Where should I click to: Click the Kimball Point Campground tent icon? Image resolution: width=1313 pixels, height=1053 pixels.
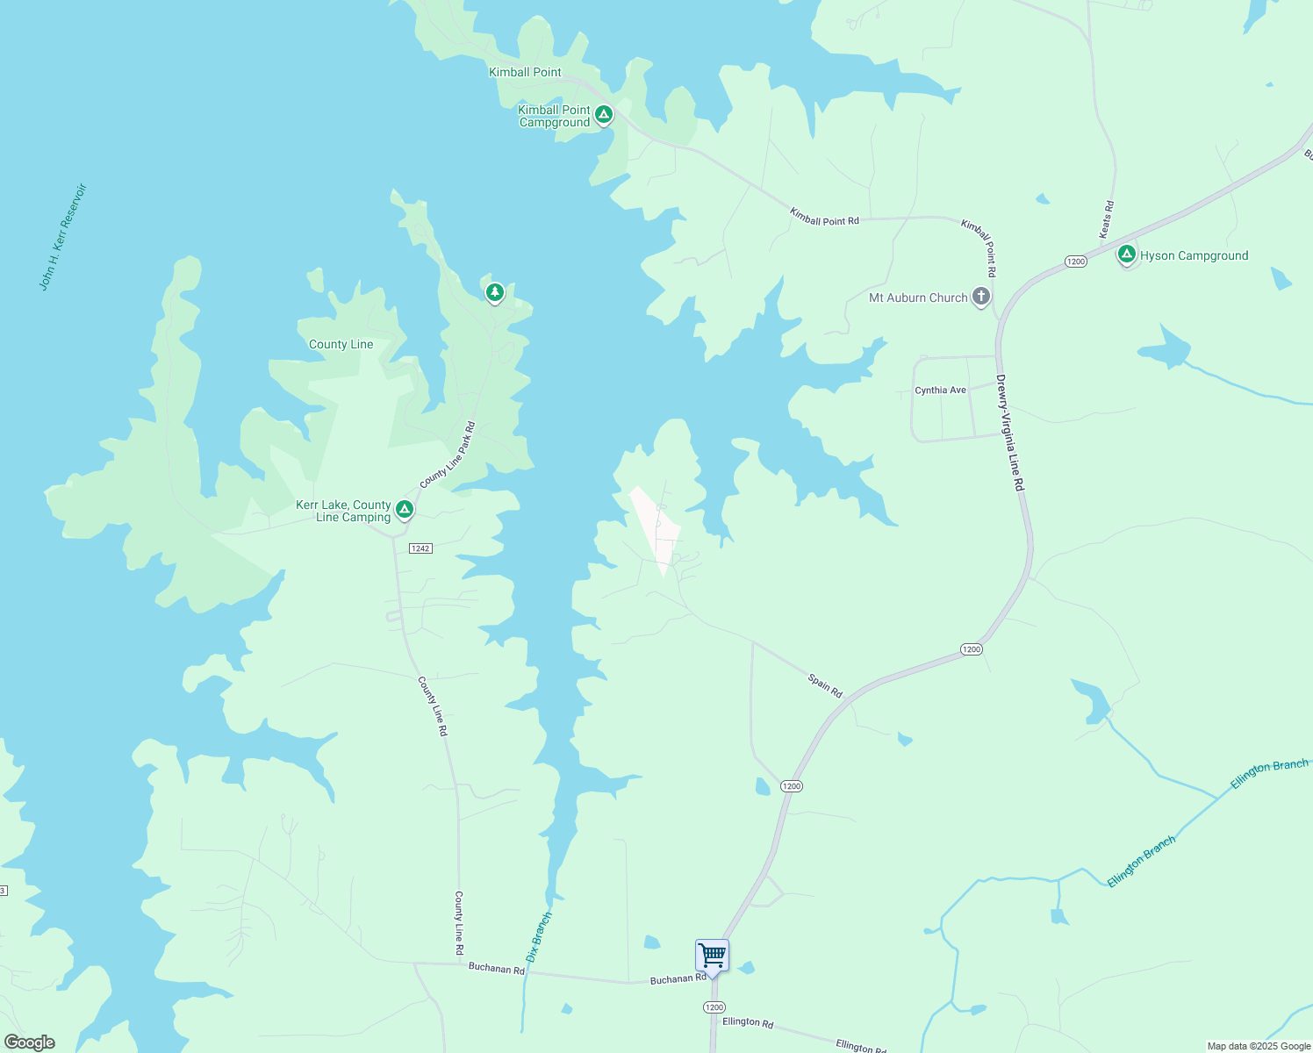603,114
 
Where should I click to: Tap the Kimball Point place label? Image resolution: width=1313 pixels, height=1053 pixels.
525,73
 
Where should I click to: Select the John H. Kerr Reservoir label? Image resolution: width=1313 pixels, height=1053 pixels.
63,237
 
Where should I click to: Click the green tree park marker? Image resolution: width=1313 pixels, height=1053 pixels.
495,291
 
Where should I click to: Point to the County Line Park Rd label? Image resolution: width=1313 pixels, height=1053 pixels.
448,455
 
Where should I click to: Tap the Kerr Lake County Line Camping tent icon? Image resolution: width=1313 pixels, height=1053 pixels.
405,508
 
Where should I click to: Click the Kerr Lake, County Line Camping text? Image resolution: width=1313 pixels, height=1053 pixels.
344,511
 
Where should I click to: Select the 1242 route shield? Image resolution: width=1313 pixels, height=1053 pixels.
420,548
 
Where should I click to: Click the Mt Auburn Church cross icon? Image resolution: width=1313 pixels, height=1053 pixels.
981,297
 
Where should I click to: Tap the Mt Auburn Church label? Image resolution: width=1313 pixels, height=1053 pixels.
918,298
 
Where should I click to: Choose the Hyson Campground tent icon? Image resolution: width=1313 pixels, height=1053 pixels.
1127,254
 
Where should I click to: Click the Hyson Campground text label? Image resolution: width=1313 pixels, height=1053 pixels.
1194,256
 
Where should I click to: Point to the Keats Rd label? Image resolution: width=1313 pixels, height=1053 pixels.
1106,219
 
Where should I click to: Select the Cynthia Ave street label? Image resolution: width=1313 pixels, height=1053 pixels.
940,390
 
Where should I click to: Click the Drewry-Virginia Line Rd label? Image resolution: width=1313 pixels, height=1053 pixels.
1010,433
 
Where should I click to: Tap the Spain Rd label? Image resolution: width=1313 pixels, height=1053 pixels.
825,686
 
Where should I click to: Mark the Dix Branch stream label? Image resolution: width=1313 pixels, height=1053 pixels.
539,937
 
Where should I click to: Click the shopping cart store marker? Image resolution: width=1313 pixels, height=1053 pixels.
712,954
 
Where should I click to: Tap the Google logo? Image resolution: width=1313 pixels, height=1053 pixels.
29,1042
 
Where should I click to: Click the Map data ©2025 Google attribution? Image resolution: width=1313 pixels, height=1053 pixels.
1259,1046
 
